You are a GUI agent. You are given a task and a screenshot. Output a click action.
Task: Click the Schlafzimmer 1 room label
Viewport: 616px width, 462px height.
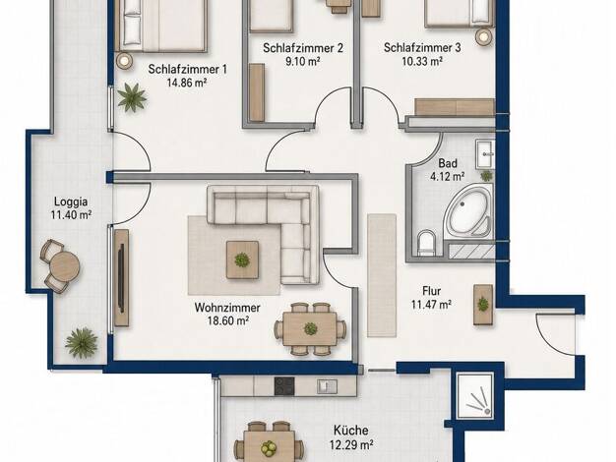pos(187,70)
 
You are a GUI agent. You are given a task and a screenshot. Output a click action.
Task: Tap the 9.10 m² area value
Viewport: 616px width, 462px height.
pos(302,62)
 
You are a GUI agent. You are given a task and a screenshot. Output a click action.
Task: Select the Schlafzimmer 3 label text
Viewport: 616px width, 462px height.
pos(422,48)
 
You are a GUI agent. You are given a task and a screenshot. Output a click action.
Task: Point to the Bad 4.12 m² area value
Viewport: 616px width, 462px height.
pos(448,177)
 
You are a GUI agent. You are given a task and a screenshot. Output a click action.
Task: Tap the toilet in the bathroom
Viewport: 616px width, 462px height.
pos(426,242)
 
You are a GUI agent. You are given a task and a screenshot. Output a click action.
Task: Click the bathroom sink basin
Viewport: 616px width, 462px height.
pos(485,154)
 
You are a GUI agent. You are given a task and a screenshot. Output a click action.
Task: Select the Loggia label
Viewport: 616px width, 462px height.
pos(71,202)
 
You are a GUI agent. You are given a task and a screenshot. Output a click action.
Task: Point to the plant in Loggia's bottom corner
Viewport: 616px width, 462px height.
pos(82,343)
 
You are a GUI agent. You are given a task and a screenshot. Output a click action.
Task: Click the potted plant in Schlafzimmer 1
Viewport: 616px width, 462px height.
pos(133,97)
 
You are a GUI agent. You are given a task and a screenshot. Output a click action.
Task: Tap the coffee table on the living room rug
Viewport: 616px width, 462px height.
pos(242,260)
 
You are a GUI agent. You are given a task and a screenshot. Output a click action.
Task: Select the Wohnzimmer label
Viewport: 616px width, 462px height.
pos(227,308)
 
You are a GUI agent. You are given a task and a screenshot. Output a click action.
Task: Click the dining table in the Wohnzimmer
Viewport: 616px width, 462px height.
pos(310,328)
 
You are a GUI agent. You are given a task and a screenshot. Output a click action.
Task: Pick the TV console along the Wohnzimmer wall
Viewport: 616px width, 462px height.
pos(121,278)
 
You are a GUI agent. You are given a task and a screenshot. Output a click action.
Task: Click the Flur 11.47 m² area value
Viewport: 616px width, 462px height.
pos(431,305)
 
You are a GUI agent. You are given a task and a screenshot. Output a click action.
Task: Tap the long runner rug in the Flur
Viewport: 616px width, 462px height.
pos(382,275)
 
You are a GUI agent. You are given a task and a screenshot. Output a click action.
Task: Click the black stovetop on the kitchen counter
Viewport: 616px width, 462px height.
pos(284,386)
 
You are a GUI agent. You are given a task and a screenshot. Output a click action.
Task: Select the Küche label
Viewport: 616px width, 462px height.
pos(351,431)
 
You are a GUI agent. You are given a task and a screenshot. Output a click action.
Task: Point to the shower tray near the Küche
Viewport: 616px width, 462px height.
pos(474,396)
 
